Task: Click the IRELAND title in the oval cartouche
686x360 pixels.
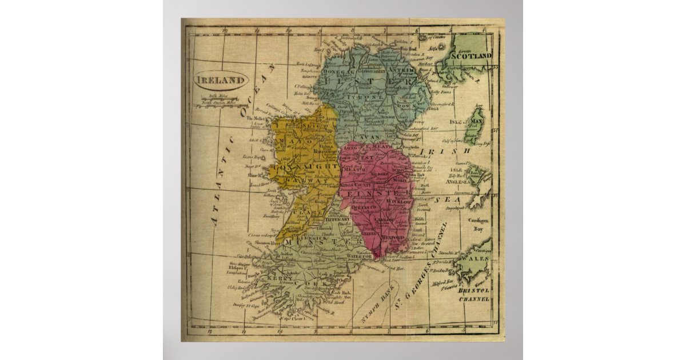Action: point(221,80)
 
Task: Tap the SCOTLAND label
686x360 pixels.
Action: point(471,56)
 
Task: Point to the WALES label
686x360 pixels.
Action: point(479,259)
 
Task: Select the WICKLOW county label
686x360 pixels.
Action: point(399,202)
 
